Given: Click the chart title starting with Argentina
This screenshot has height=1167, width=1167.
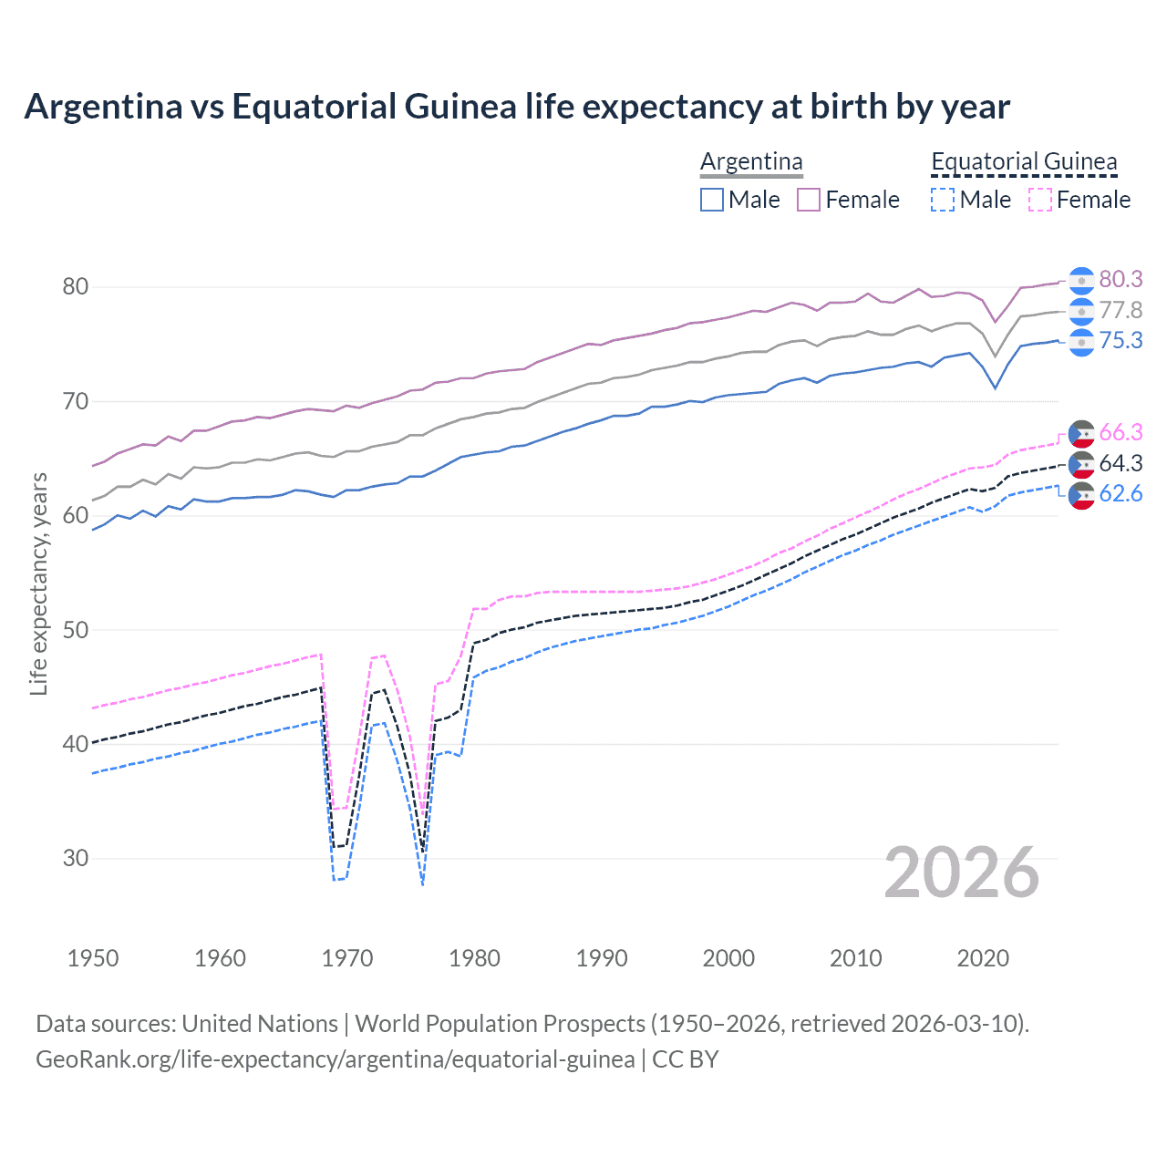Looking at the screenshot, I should click(x=517, y=107).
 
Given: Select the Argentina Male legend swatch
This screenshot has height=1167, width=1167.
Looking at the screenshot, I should click(x=712, y=200).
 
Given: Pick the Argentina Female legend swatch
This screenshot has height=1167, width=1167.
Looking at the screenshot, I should click(x=809, y=200).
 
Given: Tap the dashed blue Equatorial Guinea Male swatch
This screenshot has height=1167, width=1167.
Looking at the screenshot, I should click(x=943, y=200).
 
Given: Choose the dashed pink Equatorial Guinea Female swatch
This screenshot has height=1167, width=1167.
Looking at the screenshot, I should click(x=1040, y=200).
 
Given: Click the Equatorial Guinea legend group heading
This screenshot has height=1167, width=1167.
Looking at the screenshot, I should click(x=1024, y=161).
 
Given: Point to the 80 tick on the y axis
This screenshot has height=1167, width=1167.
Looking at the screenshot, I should click(x=76, y=287).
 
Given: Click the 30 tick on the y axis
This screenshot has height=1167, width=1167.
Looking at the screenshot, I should click(x=76, y=858).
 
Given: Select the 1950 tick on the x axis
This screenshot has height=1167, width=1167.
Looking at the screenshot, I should click(x=93, y=958).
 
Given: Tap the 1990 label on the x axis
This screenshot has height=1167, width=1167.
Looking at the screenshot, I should click(x=602, y=958).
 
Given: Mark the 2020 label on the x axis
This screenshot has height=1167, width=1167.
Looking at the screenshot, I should click(x=983, y=958).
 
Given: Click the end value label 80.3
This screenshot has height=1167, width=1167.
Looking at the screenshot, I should click(x=1121, y=279).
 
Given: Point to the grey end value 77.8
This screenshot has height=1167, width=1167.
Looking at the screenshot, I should click(x=1121, y=310).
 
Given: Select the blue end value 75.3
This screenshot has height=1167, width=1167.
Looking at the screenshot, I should click(x=1121, y=340).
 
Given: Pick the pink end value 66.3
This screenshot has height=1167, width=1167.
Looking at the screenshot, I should click(x=1121, y=432).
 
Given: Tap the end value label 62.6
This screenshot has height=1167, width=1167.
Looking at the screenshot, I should click(x=1121, y=493).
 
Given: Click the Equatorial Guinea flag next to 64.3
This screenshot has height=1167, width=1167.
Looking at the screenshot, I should click(x=1081, y=463).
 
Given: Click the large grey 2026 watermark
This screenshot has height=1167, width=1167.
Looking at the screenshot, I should click(x=961, y=873).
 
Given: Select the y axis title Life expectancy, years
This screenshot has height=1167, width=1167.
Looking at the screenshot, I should click(x=38, y=583).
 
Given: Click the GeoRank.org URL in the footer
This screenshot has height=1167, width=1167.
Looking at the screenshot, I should click(x=335, y=1059).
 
